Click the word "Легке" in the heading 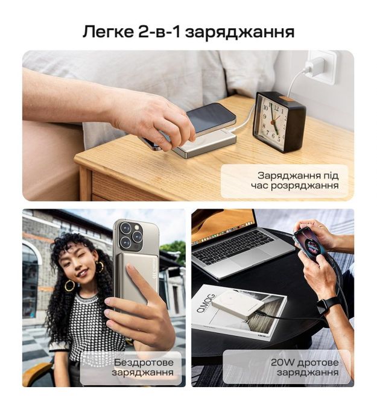(x=107, y=32)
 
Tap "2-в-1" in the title (x=159, y=32)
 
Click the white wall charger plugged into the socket (x=314, y=68)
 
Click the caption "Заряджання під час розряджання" (x=295, y=181)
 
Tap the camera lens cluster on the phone (x=131, y=236)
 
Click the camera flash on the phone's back (x=137, y=227)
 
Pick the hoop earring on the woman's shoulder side (x=69, y=285)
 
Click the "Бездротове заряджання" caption (x=143, y=367)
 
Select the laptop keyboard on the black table (x=233, y=247)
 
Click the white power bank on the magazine (x=238, y=306)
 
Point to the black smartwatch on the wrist (x=328, y=303)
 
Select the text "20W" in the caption (x=282, y=362)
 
